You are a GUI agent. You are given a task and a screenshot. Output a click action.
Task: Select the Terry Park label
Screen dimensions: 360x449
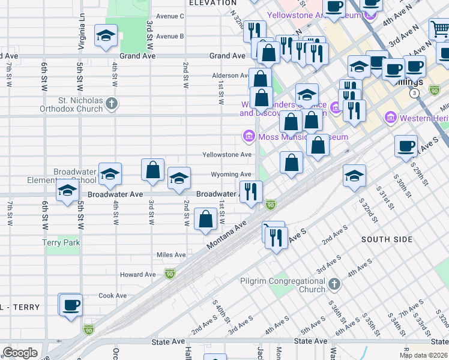coord(61,242)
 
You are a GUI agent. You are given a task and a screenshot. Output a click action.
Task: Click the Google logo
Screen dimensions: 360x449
coord(20,353)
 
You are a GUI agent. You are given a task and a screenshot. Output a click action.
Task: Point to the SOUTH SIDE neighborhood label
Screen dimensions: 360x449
coord(387,239)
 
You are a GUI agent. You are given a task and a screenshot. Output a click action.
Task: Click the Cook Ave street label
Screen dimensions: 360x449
coord(113,295)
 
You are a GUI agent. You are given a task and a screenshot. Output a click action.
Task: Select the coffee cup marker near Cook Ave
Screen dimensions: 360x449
coord(71,305)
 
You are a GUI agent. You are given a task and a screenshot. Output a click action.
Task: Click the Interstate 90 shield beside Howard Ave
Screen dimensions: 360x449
coord(170,274)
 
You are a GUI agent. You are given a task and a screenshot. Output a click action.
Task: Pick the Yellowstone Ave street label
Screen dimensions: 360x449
coord(227,155)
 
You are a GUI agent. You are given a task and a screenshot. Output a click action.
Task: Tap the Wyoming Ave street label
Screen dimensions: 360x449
coord(231,175)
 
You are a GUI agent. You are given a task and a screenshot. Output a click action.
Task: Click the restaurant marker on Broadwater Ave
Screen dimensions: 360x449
coord(251,193)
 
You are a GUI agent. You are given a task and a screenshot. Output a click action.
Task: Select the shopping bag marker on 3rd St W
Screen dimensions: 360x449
coord(153,170)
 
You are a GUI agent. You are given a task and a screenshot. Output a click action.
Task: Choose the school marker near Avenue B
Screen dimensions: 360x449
coord(106,37)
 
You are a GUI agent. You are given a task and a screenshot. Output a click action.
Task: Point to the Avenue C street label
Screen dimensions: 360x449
coord(169,16)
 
